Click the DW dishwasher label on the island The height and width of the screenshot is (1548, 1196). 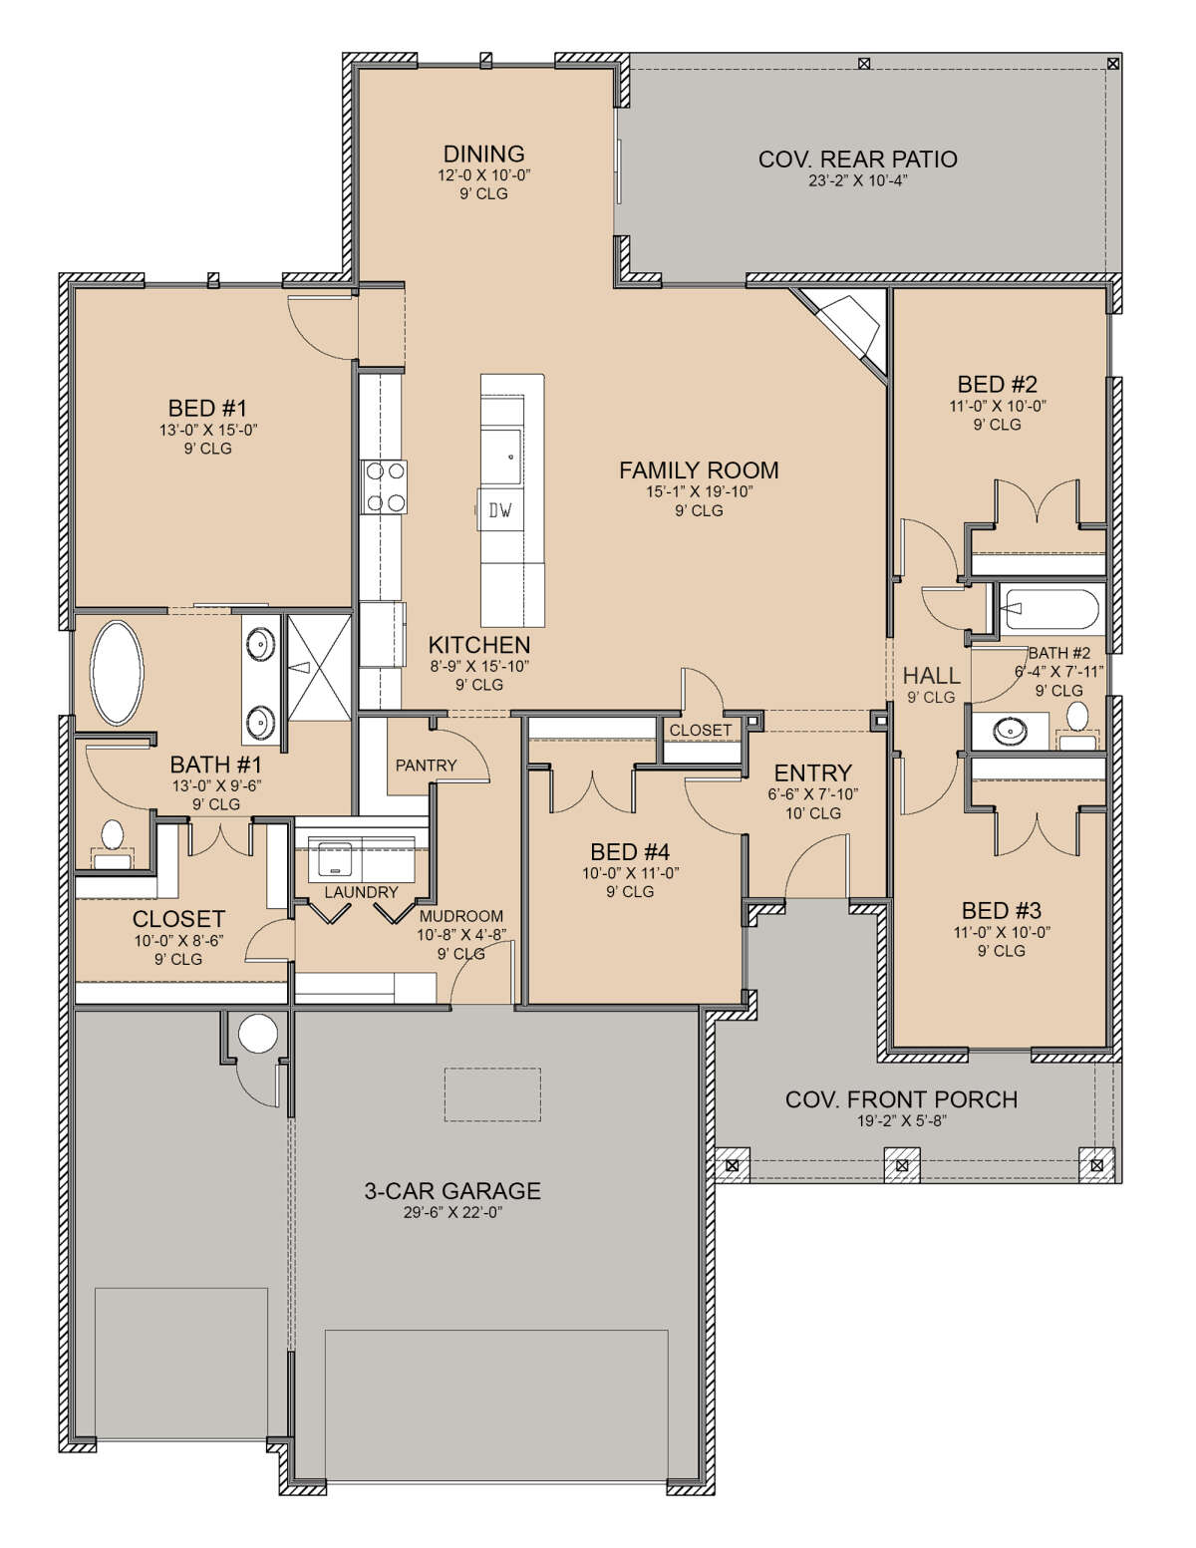pos(500,510)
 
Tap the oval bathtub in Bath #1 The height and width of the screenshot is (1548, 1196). pos(117,673)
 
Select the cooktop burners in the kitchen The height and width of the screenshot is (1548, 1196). pos(385,487)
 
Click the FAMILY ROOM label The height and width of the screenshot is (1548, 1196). pos(698,470)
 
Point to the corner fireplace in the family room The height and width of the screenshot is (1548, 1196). pos(849,328)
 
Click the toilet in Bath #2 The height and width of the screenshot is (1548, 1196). pos(1076,726)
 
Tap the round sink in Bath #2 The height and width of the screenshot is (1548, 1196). pos(1010,731)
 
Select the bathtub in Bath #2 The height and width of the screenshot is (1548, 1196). pos(1048,609)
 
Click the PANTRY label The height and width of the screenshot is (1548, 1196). pos(426,766)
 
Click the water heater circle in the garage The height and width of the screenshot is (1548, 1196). pos(257,1033)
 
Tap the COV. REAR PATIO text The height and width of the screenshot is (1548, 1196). pos(858,158)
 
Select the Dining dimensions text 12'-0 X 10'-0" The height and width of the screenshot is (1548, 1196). pos(484,174)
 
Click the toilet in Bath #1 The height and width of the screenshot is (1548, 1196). pos(113,843)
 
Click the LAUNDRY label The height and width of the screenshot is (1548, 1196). pos(361,892)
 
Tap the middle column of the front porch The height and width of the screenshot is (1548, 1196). pos(902,1165)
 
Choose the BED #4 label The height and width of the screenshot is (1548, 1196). pos(630,852)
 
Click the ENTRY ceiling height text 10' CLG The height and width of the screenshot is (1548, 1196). pos(812,812)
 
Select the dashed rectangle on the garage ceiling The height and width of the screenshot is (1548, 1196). pos(493,1094)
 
